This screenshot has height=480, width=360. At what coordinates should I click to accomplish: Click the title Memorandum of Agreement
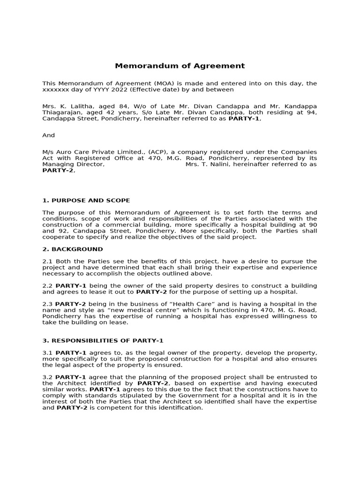(180, 66)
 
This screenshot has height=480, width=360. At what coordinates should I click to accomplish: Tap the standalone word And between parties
(48, 135)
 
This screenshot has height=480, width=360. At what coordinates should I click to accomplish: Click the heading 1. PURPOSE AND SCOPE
(86, 200)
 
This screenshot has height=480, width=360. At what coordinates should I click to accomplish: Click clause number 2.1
(47, 261)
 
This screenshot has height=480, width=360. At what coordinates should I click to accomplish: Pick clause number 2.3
(47, 304)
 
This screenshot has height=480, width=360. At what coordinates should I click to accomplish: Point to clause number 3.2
(47, 377)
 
